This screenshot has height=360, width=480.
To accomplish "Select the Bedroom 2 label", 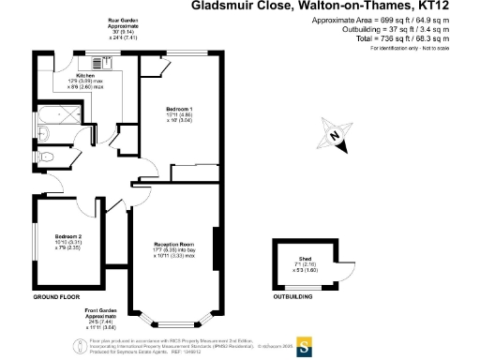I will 68,234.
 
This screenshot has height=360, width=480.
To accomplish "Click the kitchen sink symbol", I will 100,63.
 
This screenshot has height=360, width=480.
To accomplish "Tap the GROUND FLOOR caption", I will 53,296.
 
